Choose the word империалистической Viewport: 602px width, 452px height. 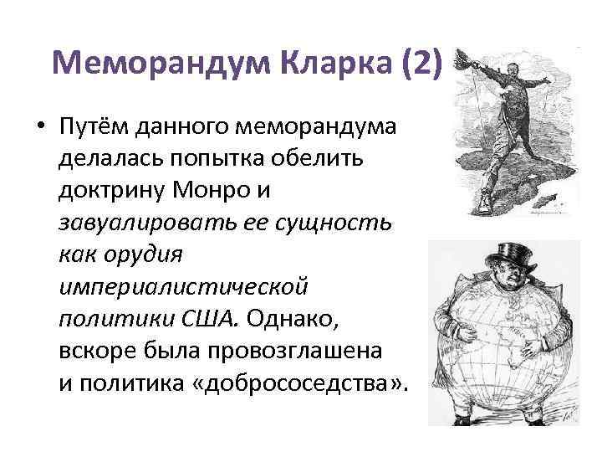click(x=184, y=287)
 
